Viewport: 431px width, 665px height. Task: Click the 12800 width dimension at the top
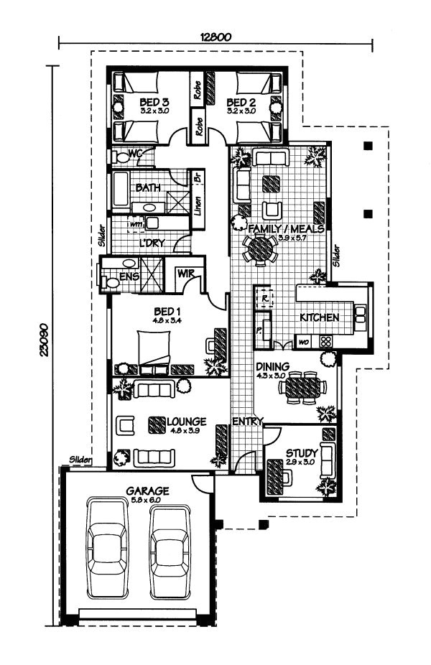coord(215,38)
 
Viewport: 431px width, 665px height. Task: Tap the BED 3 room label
coord(154,103)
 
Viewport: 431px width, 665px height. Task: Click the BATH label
coord(148,188)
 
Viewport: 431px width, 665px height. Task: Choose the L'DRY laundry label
coord(152,243)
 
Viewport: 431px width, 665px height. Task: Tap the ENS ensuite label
coord(129,275)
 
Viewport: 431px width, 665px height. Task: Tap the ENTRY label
coord(247,421)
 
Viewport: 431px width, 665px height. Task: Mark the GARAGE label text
coord(148,491)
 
